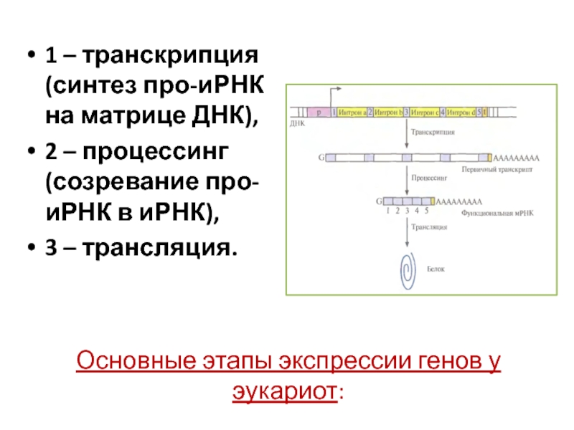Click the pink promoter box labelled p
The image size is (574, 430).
[x=317, y=113]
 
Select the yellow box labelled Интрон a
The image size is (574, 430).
[x=352, y=113]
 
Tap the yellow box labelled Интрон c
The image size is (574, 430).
[x=424, y=113]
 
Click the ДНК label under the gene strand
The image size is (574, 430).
[x=297, y=123]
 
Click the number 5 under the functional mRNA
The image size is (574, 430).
[x=426, y=211]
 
